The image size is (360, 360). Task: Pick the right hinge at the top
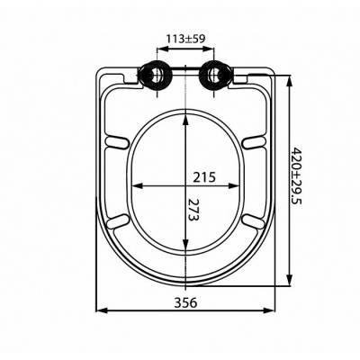point(215,76)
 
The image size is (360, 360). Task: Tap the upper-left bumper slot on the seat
point(118,140)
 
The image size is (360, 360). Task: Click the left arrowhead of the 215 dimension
point(132,186)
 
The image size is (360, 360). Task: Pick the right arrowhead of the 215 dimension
point(243,186)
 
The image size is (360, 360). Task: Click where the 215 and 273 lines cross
point(186,186)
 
